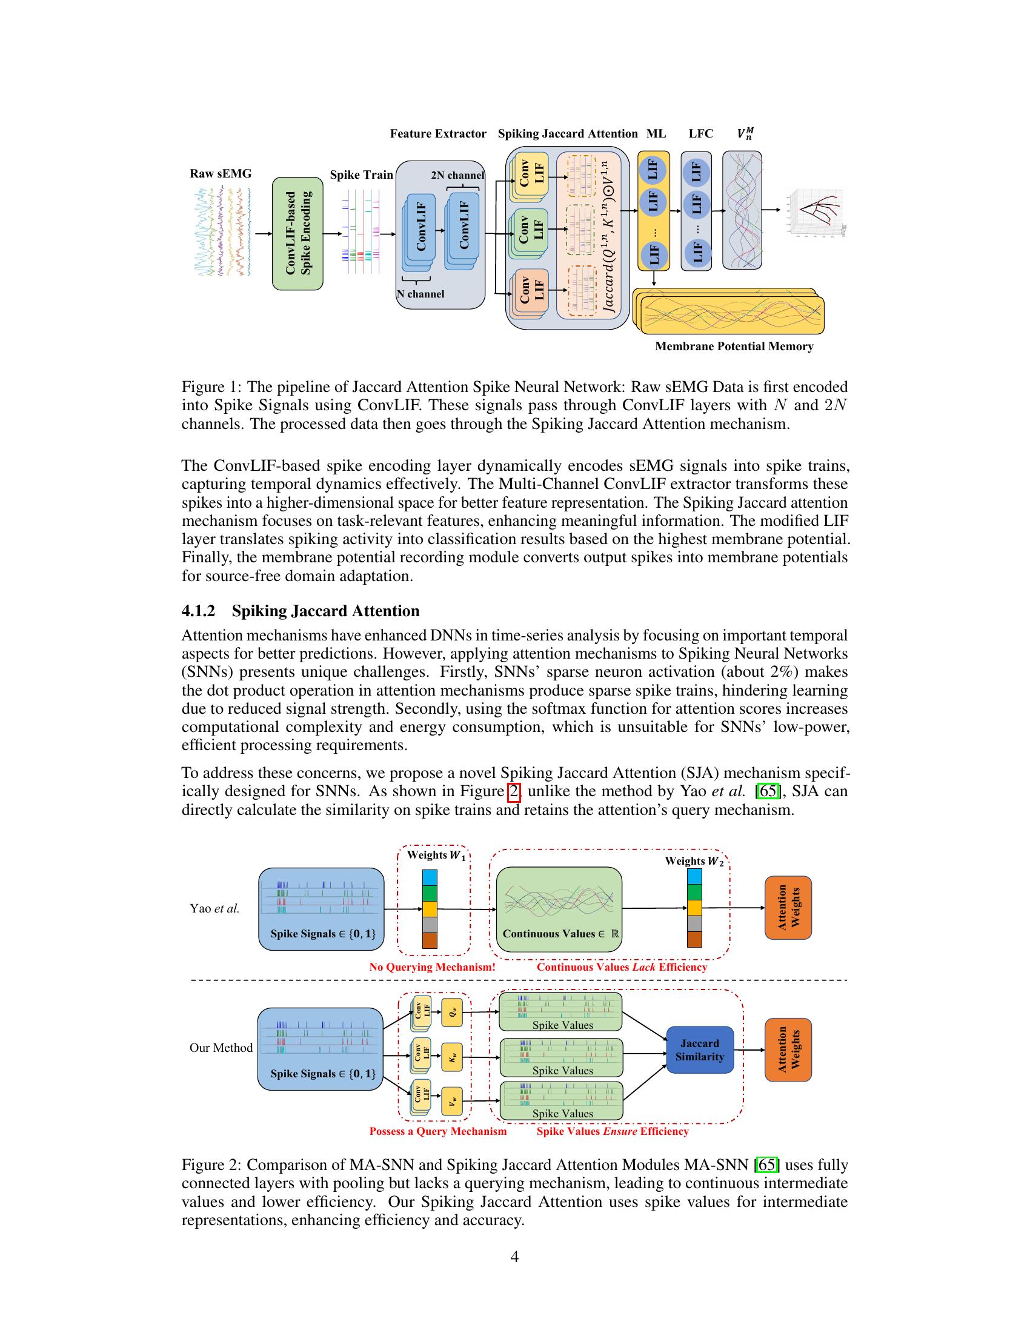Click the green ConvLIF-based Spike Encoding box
pyautogui.click(x=297, y=233)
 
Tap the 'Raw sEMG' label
pyautogui.click(x=221, y=173)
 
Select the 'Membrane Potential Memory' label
pyautogui.click(x=734, y=346)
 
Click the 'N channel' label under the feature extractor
pyautogui.click(x=420, y=294)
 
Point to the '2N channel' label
pyautogui.click(x=457, y=175)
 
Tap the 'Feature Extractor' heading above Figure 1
pyautogui.click(x=438, y=134)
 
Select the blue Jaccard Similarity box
pyautogui.click(x=699, y=1050)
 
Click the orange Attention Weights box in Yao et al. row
pyautogui.click(x=788, y=908)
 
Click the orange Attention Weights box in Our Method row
pyautogui.click(x=788, y=1050)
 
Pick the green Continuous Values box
pyautogui.click(x=559, y=909)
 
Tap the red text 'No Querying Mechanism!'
pyautogui.click(x=432, y=967)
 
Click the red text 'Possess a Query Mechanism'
pyautogui.click(x=437, y=1131)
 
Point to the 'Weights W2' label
pyautogui.click(x=694, y=861)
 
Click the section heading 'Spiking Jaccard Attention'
pyautogui.click(x=325, y=611)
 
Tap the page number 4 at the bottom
pyautogui.click(x=514, y=1257)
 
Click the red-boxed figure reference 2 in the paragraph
pyautogui.click(x=514, y=792)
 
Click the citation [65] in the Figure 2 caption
pyautogui.click(x=767, y=1165)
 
